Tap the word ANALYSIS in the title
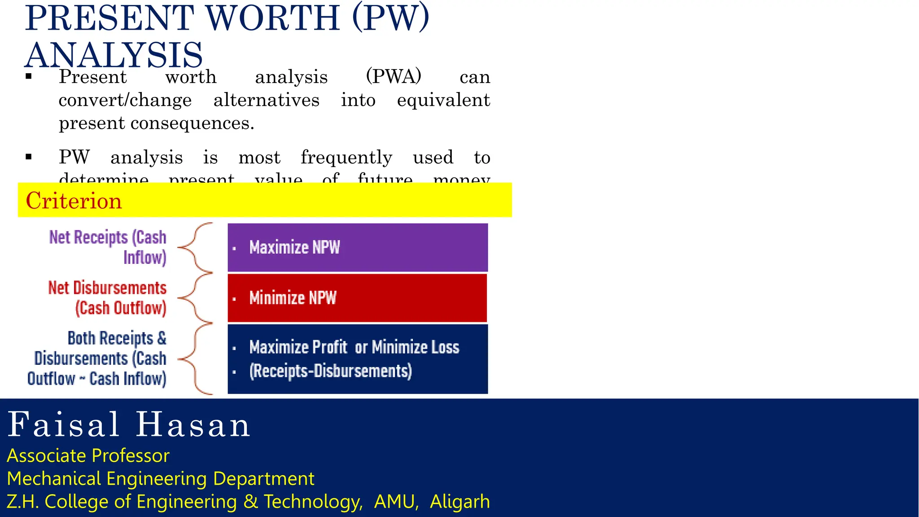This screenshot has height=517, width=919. pyautogui.click(x=114, y=55)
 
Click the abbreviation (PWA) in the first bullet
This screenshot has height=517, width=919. pyautogui.click(x=394, y=76)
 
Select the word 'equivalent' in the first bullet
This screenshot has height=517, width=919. pyautogui.click(x=443, y=100)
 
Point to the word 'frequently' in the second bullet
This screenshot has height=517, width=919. pyautogui.click(x=346, y=158)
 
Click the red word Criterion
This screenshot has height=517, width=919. pyautogui.click(x=74, y=201)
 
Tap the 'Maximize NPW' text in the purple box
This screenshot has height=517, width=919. pyautogui.click(x=294, y=247)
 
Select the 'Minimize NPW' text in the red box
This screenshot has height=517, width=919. pyautogui.click(x=293, y=298)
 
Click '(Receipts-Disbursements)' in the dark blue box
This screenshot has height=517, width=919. pyautogui.click(x=330, y=371)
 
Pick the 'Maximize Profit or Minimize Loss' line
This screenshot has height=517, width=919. pyautogui.click(x=354, y=347)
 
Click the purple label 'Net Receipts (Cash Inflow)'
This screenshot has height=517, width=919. pyautogui.click(x=108, y=247)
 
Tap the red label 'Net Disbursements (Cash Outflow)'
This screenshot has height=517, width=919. pyautogui.click(x=107, y=298)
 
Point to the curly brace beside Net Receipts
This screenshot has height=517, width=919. pyautogui.click(x=196, y=247)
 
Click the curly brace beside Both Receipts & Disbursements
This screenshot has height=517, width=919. pyautogui.click(x=196, y=359)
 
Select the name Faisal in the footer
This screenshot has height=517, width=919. pyautogui.click(x=64, y=425)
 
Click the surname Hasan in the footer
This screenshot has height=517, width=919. pyautogui.click(x=193, y=425)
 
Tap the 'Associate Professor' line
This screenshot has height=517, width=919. pyautogui.click(x=88, y=456)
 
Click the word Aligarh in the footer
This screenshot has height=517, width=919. pyautogui.click(x=459, y=502)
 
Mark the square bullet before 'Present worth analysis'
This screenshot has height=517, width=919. pyautogui.click(x=29, y=77)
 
